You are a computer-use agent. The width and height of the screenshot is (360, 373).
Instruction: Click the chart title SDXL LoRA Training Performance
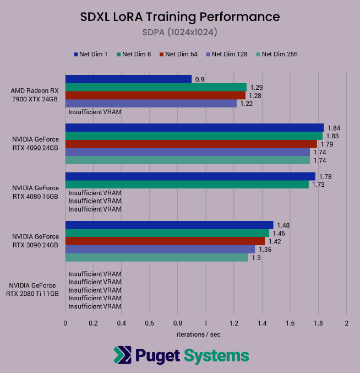[x=179, y=17]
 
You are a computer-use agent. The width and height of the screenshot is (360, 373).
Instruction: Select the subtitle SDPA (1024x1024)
[x=179, y=33]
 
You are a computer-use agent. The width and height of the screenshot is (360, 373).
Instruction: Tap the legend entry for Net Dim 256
[x=280, y=54]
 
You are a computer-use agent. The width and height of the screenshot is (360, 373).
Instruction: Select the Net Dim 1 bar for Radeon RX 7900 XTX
[x=128, y=79]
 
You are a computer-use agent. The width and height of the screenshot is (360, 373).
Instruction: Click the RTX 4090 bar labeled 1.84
[x=194, y=128]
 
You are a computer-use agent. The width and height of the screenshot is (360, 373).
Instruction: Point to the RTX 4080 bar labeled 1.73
[x=187, y=185]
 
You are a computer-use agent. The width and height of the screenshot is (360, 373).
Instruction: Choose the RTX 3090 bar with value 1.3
[x=156, y=257]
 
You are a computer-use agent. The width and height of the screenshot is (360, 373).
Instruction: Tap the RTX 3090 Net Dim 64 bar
[x=165, y=241]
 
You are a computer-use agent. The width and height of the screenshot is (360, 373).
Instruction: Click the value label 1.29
[x=256, y=88]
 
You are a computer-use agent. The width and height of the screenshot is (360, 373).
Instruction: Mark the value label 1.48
[x=283, y=225]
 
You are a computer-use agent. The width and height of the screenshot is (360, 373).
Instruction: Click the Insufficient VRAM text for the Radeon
[x=95, y=112]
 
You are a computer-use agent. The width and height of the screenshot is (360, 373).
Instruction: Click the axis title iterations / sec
[x=198, y=334]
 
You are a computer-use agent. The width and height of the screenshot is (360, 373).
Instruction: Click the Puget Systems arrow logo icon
[x=122, y=355]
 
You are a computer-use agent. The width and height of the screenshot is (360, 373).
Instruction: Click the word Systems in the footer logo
[x=216, y=355]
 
